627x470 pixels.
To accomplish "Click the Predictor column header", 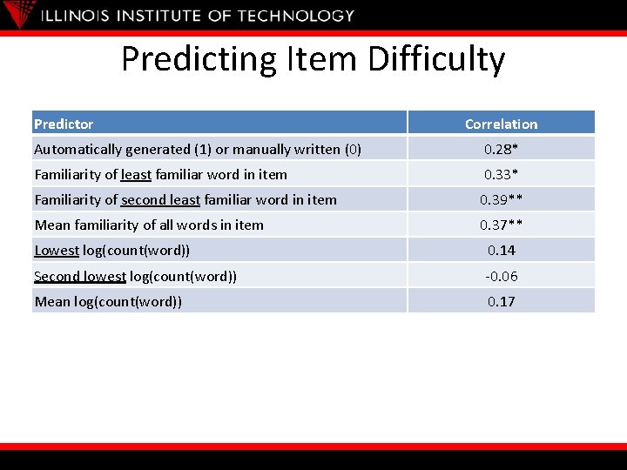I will (64, 124).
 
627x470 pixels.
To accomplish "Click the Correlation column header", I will (501, 124).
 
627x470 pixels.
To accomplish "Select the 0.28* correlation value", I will (501, 149).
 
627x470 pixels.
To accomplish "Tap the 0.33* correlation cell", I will (501, 174).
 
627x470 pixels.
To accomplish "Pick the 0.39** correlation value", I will (501, 199).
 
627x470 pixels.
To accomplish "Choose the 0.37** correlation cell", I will (501, 225).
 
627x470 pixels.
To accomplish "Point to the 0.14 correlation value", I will (501, 250).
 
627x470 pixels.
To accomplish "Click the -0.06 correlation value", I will (501, 276).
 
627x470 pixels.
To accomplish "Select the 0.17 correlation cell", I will (501, 301).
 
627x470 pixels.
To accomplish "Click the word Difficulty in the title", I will (436, 59).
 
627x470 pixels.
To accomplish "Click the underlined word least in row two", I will (136, 174).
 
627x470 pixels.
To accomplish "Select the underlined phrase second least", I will (160, 199).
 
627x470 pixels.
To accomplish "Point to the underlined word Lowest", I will (57, 250).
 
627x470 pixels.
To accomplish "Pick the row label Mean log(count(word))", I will (108, 301).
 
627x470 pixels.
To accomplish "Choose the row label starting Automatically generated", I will (198, 149).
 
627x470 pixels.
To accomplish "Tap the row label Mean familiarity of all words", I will (149, 225).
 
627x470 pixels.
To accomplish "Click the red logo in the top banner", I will (20, 13).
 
